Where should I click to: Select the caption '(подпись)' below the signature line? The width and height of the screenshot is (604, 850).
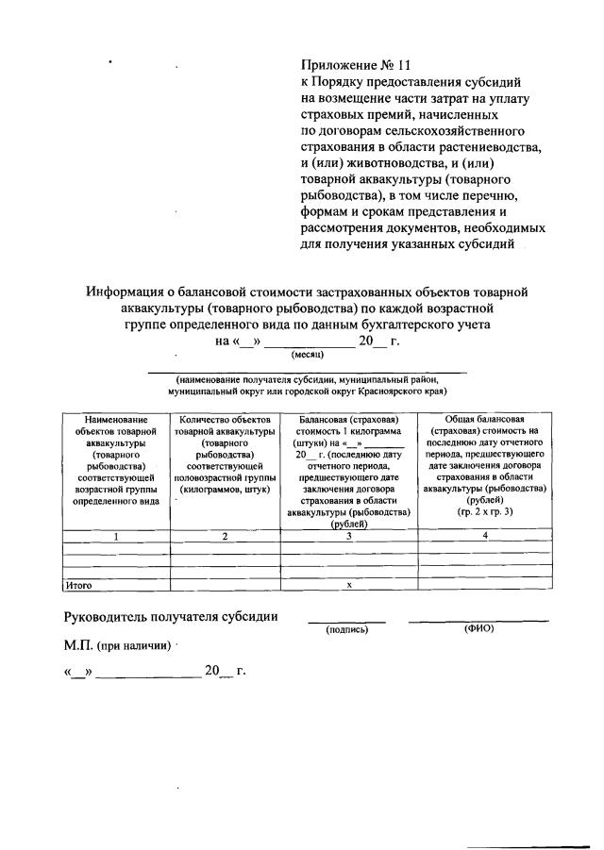346,629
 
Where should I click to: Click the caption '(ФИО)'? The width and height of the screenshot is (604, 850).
478,628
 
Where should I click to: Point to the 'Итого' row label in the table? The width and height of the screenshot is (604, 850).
78,586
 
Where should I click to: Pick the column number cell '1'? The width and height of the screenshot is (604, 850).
115,537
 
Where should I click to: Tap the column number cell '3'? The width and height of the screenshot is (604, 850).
348,537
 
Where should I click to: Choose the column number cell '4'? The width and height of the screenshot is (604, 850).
484,537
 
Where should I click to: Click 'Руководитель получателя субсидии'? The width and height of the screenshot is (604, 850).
170,617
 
